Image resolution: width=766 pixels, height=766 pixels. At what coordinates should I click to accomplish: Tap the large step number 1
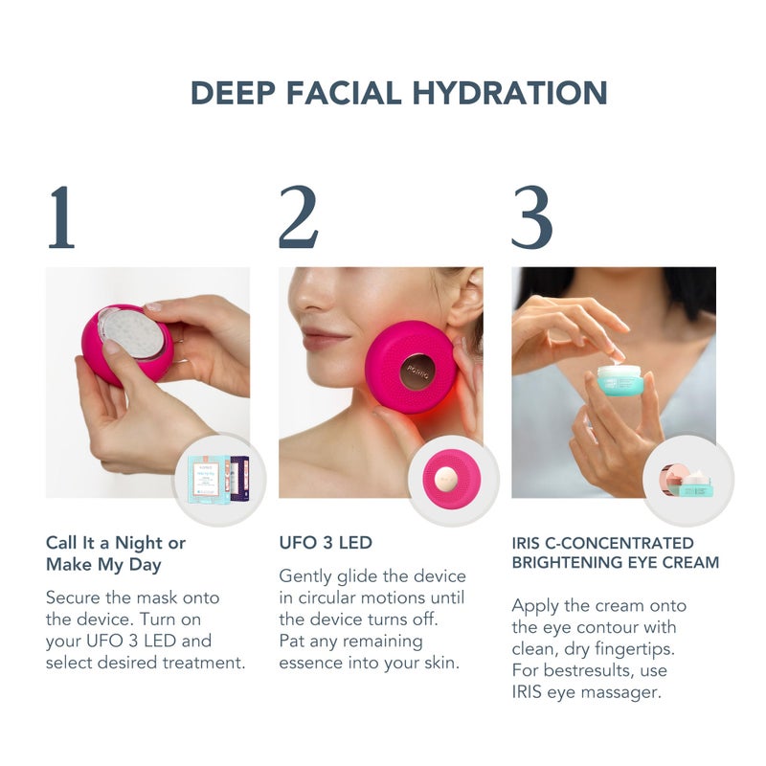[x=60, y=217]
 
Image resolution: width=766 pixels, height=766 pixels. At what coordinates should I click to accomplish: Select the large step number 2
[x=299, y=217]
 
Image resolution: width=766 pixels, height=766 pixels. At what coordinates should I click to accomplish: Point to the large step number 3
[x=531, y=217]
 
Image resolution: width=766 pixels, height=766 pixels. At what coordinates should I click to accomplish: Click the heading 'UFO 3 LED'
[x=326, y=543]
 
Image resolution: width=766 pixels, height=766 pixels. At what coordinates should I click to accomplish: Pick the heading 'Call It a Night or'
[x=116, y=543]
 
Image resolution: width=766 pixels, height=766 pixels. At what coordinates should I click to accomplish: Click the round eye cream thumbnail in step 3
[x=688, y=478]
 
